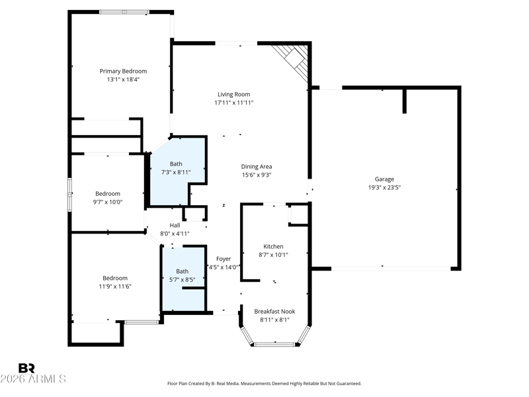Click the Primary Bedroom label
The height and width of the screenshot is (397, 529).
[x=123, y=71]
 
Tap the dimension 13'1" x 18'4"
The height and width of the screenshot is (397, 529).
[x=123, y=79]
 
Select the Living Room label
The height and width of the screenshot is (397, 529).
[x=234, y=95]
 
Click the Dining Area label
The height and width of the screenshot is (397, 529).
[x=257, y=167]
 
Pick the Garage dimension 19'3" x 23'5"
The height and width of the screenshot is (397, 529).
[x=384, y=188]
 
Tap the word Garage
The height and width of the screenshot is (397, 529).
[x=384, y=179]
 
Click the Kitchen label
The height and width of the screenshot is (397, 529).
[x=273, y=246]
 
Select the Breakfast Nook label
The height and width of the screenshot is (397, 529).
[x=274, y=311]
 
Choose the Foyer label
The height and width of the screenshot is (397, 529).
[x=224, y=259]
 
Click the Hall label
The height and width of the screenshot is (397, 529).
[x=175, y=225]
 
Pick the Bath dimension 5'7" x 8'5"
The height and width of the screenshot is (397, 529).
[x=183, y=280]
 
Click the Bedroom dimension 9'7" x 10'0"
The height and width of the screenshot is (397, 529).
[x=108, y=202]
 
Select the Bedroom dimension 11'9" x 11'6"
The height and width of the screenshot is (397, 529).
[x=115, y=287]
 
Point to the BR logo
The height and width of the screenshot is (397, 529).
[x=26, y=368]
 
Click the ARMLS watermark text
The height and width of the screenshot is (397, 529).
[x=33, y=378]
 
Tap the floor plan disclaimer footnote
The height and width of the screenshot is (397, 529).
[x=264, y=384]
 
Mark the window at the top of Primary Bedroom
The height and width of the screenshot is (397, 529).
[x=124, y=12]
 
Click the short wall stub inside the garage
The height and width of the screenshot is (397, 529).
[x=405, y=101]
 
